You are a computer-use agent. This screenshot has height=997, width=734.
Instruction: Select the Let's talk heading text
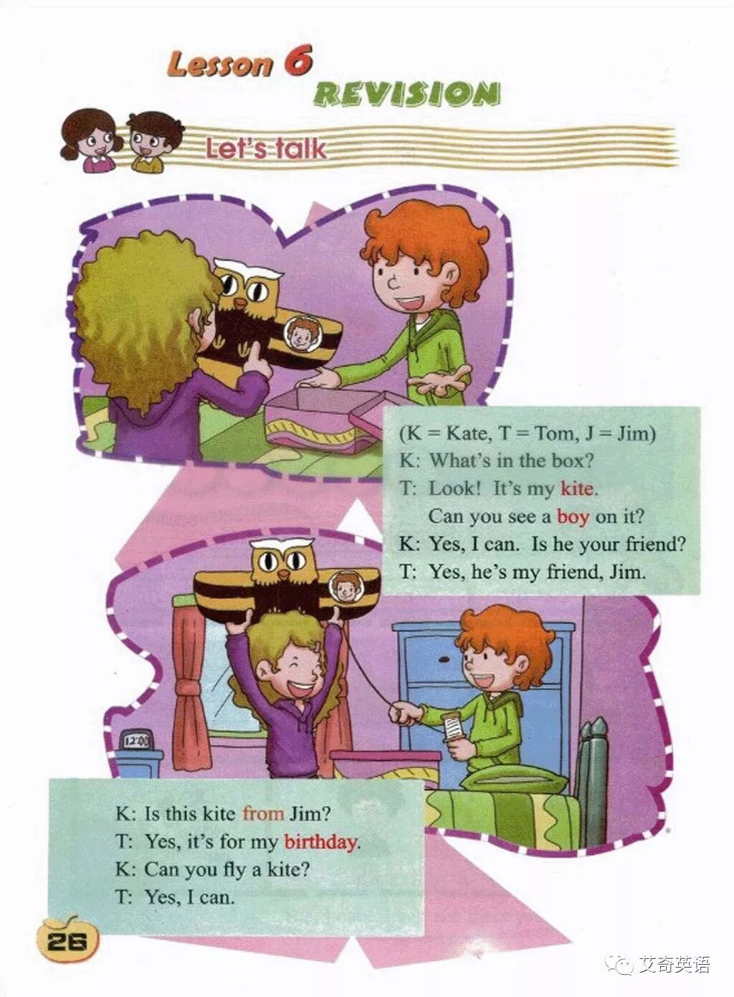[x=266, y=149]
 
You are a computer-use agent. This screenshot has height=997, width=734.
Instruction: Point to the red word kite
[x=577, y=489]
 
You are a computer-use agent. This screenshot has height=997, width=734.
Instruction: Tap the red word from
[x=263, y=813]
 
